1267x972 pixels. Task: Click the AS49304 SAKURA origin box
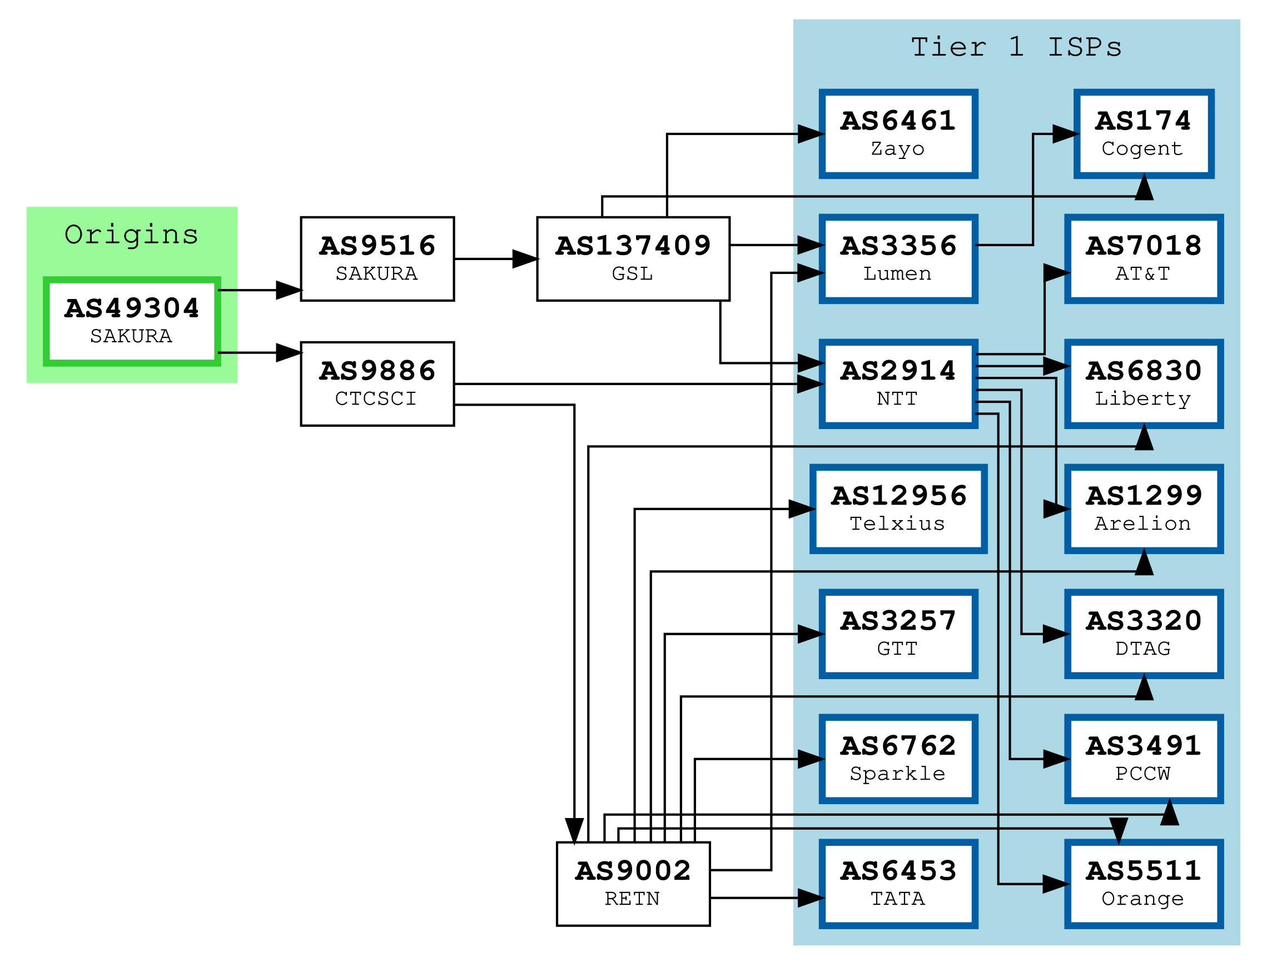(131, 321)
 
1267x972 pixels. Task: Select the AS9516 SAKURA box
(377, 258)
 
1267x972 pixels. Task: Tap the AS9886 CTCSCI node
(377, 383)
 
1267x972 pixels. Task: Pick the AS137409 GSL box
(633, 258)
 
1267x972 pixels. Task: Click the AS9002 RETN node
(633, 884)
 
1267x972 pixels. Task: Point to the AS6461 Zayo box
(898, 133)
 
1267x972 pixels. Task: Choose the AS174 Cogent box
(1143, 133)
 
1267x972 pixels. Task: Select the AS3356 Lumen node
(898, 258)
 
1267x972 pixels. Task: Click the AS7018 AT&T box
(1143, 258)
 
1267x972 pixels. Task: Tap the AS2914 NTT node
(898, 383)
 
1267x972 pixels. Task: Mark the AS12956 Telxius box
(898, 509)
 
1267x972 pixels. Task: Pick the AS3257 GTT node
(898, 634)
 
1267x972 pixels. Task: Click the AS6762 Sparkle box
(898, 759)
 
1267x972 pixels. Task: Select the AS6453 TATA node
(898, 884)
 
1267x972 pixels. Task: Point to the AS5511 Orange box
(1143, 884)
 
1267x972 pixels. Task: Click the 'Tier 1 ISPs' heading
(1016, 47)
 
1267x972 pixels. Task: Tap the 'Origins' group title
(131, 235)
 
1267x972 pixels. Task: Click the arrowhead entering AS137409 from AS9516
(525, 258)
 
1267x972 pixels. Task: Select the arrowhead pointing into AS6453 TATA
(811, 898)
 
